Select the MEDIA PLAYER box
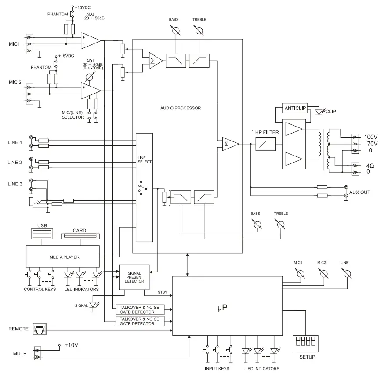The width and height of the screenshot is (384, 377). click(x=63, y=257)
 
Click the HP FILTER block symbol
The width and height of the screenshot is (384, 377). click(x=265, y=144)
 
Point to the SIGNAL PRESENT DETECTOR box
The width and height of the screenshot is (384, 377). click(x=134, y=277)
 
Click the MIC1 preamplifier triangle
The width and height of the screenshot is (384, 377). click(x=91, y=41)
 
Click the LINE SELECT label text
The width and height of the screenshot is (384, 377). click(x=145, y=159)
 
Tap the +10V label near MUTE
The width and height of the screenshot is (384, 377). click(x=71, y=345)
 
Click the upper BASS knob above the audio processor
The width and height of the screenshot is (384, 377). click(x=176, y=30)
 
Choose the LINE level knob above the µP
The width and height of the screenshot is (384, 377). click(x=347, y=274)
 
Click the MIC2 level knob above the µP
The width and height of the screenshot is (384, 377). click(x=324, y=274)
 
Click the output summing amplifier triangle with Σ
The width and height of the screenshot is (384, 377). click(x=229, y=144)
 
